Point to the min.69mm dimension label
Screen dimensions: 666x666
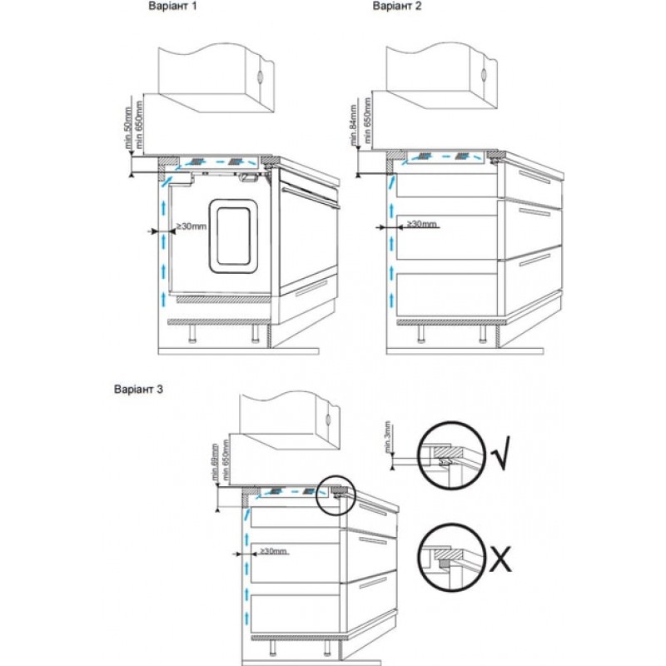click(x=215, y=463)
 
